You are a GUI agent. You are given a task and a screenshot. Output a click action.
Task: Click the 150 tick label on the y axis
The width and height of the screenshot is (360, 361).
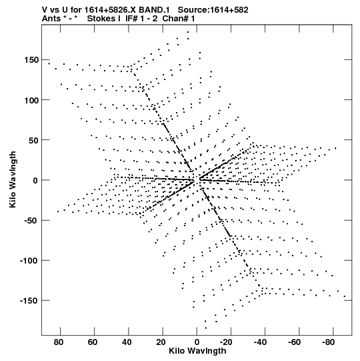tap(31, 60)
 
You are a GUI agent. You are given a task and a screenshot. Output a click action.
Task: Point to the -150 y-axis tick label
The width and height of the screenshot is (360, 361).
tap(29, 301)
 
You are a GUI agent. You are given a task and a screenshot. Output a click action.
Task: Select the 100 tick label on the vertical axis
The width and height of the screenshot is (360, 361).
tap(31, 100)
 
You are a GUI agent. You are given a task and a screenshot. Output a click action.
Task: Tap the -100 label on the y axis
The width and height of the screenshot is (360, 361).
tap(29, 261)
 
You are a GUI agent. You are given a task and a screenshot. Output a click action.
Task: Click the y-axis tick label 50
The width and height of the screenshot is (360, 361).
tap(33, 140)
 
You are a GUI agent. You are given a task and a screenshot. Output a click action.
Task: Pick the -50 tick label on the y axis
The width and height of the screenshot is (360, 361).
tap(31, 221)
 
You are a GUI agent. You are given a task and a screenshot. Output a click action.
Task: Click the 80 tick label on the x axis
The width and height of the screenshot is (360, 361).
tap(59, 342)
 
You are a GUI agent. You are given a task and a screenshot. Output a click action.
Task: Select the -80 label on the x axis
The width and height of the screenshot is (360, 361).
tap(328, 342)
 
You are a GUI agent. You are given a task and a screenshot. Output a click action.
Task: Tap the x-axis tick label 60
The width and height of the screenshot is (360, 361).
tap(93, 342)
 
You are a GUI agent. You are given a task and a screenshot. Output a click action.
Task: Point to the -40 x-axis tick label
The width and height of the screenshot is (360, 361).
tap(260, 342)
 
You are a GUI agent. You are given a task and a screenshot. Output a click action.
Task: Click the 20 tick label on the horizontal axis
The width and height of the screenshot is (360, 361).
tap(161, 342)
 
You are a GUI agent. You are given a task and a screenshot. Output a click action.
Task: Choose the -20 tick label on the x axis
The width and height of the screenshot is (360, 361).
tap(226, 342)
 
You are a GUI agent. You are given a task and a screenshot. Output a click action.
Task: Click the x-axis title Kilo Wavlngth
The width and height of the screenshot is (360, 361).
tap(197, 351)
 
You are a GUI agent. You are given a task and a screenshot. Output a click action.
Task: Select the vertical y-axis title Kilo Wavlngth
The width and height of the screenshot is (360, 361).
tap(13, 179)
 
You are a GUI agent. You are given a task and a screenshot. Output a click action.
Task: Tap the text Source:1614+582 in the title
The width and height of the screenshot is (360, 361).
tap(213, 10)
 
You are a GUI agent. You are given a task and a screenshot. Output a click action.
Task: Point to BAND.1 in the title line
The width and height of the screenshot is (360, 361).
tap(154, 10)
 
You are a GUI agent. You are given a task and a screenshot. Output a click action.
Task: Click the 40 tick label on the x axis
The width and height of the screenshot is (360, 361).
tap(127, 342)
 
